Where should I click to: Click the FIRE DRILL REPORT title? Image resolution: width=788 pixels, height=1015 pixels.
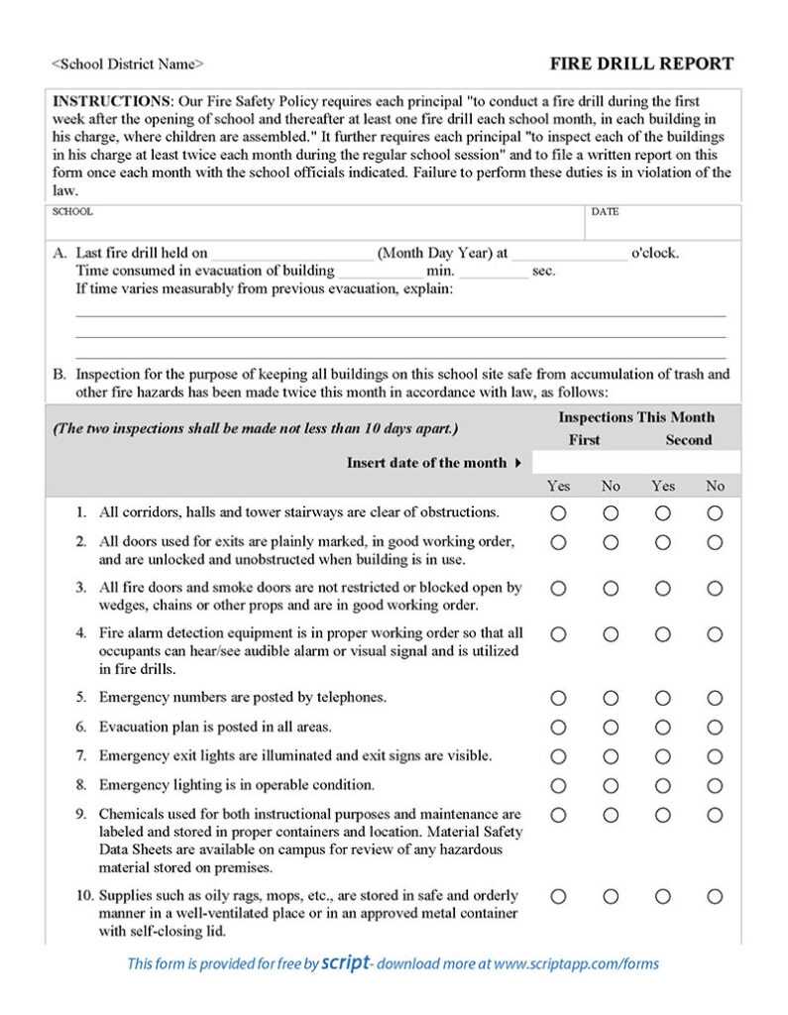click(641, 64)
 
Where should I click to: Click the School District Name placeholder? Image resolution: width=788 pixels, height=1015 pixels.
click(128, 64)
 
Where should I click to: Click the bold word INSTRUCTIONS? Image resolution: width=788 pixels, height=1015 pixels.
click(111, 101)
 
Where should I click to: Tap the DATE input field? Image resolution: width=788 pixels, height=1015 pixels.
click(662, 227)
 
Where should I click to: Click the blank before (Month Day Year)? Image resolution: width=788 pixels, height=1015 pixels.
click(292, 253)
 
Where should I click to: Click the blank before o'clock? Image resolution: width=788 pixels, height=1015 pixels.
click(570, 253)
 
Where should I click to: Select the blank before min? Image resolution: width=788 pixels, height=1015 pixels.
click(380, 271)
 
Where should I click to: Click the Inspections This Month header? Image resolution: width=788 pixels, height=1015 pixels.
click(635, 417)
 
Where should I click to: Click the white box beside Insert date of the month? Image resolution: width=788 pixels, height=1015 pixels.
click(635, 463)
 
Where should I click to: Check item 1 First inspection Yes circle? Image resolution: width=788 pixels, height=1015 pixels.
click(558, 513)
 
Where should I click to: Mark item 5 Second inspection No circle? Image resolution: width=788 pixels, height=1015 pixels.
click(715, 698)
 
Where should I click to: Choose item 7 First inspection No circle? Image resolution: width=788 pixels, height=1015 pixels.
click(611, 756)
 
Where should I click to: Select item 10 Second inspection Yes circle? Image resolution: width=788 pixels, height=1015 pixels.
click(662, 896)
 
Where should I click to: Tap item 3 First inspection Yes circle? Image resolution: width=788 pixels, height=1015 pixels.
click(558, 588)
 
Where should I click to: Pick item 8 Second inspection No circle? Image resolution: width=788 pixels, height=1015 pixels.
click(715, 786)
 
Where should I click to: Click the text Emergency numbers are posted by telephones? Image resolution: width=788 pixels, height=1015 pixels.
click(243, 698)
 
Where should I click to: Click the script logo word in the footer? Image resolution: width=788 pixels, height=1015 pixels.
click(346, 962)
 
